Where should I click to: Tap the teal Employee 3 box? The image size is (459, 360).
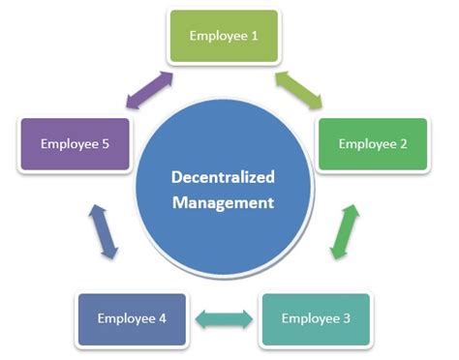[x=315, y=318]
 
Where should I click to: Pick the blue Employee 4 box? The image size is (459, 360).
[x=133, y=318]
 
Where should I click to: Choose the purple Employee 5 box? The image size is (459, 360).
[x=73, y=144]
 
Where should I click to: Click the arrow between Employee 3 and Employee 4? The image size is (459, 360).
[x=225, y=317]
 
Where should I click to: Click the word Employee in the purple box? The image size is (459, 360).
[x=67, y=144]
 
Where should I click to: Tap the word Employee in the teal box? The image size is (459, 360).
[x=309, y=318]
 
